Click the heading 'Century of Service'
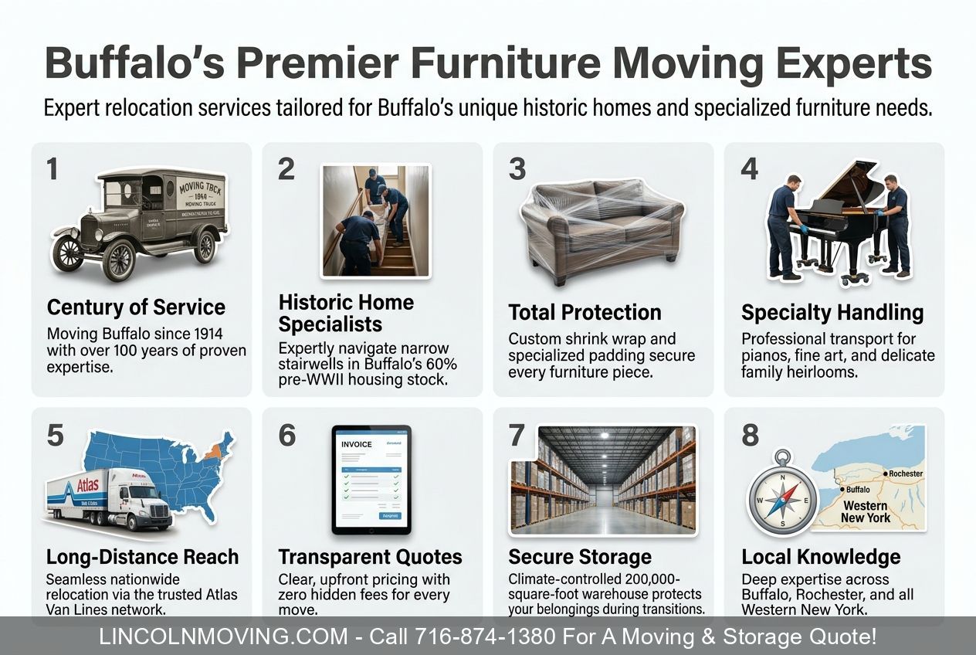click(136, 307)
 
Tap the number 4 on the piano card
click(749, 169)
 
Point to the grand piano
click(842, 216)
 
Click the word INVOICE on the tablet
click(356, 444)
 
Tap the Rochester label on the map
click(905, 473)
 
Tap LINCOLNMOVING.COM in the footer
click(224, 637)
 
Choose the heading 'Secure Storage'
click(579, 557)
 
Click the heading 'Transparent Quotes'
click(370, 557)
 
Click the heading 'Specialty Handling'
click(832, 313)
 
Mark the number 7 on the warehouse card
click(517, 435)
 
